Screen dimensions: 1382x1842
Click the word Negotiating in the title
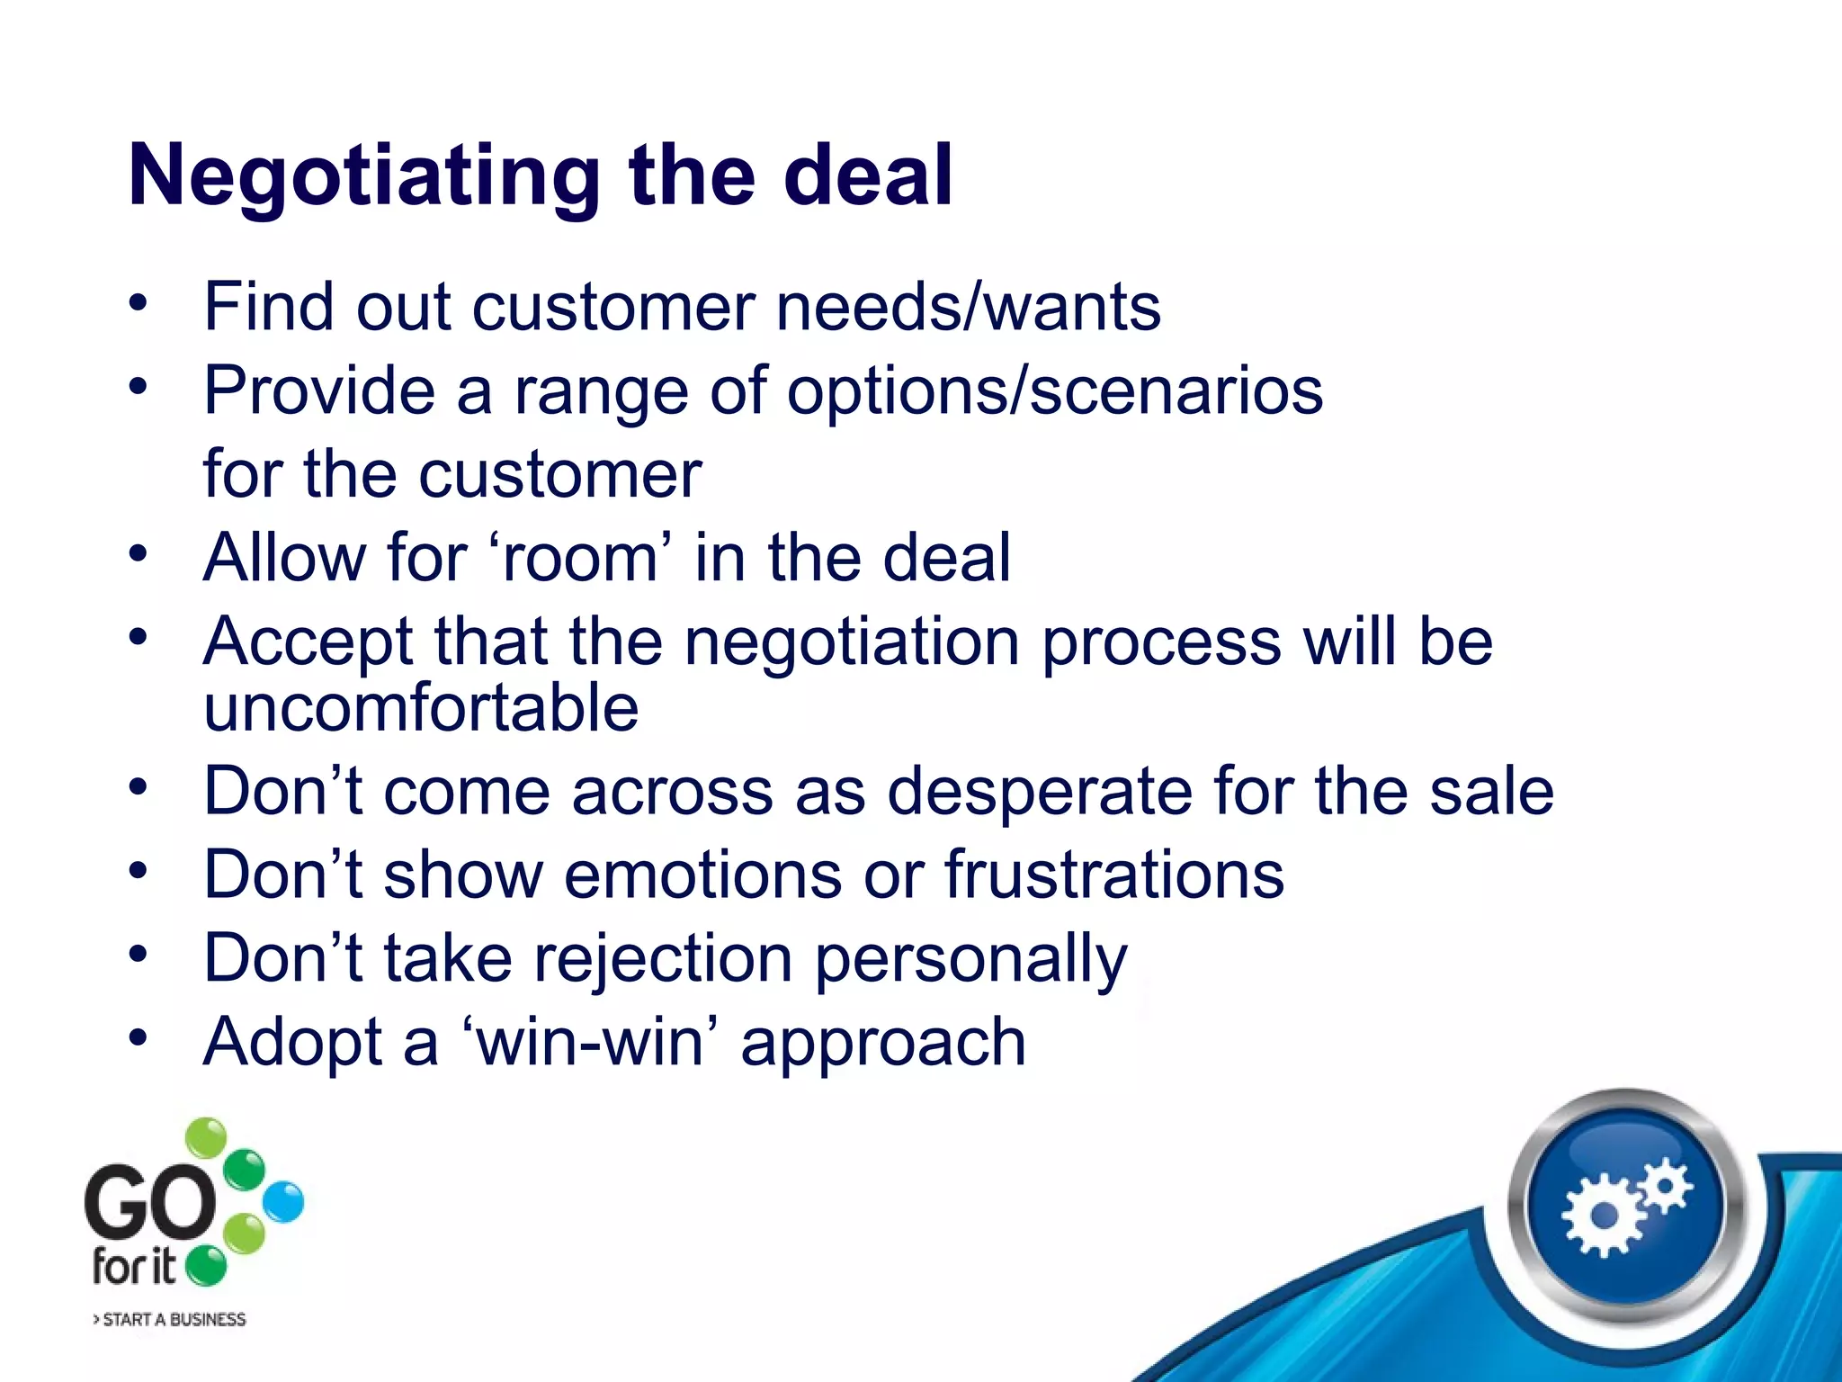(x=364, y=176)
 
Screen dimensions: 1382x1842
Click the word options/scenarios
(x=1054, y=392)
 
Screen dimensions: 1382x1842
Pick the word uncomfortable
(x=421, y=707)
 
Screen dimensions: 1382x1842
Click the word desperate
(x=1039, y=792)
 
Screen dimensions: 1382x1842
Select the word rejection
(x=663, y=958)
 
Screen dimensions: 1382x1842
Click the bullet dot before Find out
(x=137, y=302)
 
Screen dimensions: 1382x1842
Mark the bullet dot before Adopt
(x=137, y=1037)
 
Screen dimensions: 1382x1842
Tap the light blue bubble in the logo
(x=284, y=1202)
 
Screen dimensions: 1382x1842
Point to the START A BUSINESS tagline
(x=170, y=1320)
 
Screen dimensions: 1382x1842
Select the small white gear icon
(x=1666, y=1185)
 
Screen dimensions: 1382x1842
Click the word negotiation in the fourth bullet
(x=852, y=642)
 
